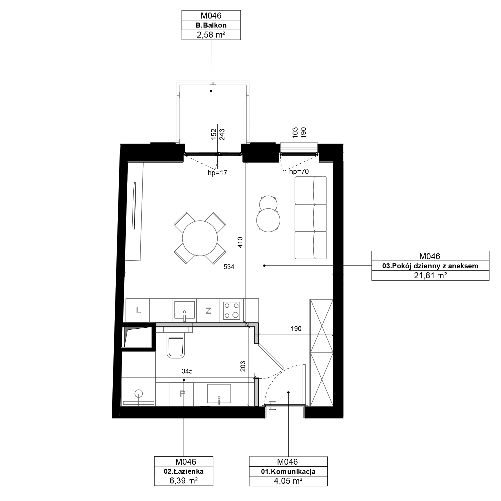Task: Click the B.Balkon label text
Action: (x=211, y=25)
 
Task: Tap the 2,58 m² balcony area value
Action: (x=211, y=35)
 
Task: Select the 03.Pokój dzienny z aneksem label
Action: (x=430, y=266)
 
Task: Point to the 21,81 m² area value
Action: (x=430, y=275)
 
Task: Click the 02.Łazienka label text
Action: (x=184, y=471)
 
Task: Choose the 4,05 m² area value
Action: (x=288, y=481)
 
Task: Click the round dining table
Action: (x=200, y=238)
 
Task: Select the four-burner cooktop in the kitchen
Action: (x=231, y=311)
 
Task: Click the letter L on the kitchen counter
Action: (x=138, y=310)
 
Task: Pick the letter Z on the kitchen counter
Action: (x=208, y=310)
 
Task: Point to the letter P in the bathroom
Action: (x=182, y=393)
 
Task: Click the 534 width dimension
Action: (x=229, y=267)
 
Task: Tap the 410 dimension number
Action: (x=240, y=242)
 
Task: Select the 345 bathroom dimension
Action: (x=187, y=371)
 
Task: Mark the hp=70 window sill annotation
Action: (x=299, y=171)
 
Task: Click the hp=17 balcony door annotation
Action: (x=217, y=173)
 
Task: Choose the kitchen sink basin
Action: (x=184, y=310)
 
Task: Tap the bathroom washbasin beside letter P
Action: (x=219, y=394)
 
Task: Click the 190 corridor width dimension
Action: (x=296, y=329)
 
